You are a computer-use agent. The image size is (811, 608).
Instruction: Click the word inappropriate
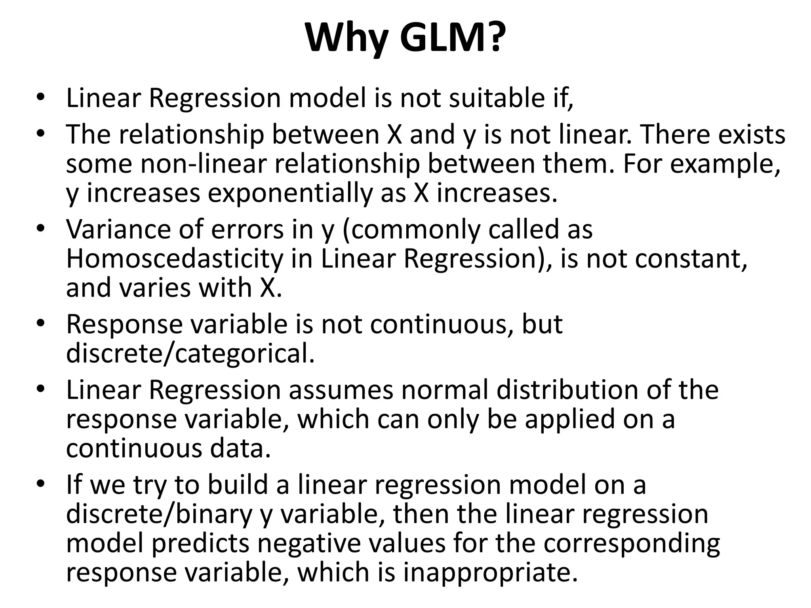click(490, 572)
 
